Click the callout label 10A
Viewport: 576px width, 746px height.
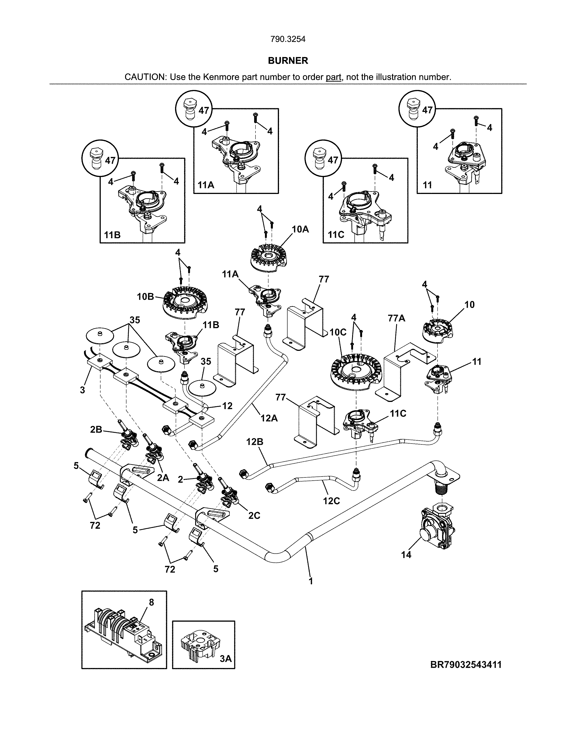300,229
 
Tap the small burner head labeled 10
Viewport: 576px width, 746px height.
437,330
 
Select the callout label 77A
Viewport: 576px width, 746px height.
396,318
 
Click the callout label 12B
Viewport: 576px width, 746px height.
255,442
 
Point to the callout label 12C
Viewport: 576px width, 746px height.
331,501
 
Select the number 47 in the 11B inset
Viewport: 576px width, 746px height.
110,160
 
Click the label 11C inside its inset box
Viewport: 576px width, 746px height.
336,235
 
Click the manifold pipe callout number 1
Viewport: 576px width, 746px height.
311,581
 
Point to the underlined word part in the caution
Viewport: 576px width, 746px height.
333,77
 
